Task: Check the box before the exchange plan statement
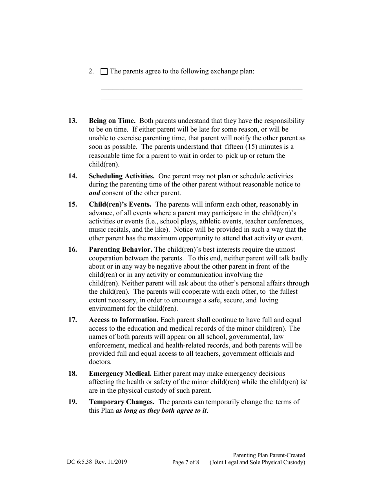[104, 72]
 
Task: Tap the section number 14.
[72, 176]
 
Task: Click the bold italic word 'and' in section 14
[94, 193]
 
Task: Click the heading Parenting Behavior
[121, 249]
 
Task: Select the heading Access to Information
[124, 320]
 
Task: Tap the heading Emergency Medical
[120, 373]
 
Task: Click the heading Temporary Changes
[121, 402]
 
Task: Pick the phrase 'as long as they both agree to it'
[161, 410]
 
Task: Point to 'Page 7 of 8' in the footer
[186, 462]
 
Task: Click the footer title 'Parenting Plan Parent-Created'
[269, 455]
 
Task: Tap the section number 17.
[72, 320]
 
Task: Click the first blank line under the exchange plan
[201, 89]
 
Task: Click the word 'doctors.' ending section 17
[100, 362]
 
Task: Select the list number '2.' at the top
[91, 72]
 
